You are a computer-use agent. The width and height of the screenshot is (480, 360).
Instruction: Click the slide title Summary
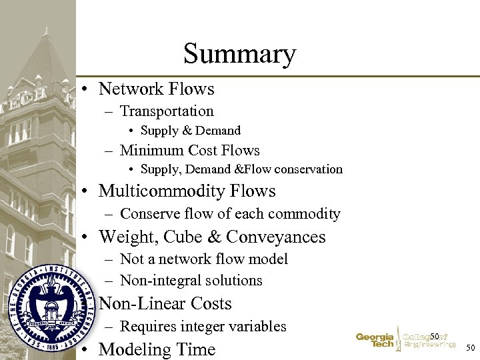pyautogui.click(x=239, y=53)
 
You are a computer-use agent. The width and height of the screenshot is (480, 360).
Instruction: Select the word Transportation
pyautogui.click(x=167, y=111)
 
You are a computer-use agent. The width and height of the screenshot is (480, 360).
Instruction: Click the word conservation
pyautogui.click(x=310, y=169)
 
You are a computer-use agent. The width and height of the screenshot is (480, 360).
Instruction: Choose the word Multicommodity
pyautogui.click(x=162, y=191)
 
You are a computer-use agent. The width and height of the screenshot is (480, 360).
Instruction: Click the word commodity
pyautogui.click(x=307, y=214)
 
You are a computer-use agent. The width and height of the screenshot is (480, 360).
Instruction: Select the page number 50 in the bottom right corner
pyautogui.click(x=469, y=347)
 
